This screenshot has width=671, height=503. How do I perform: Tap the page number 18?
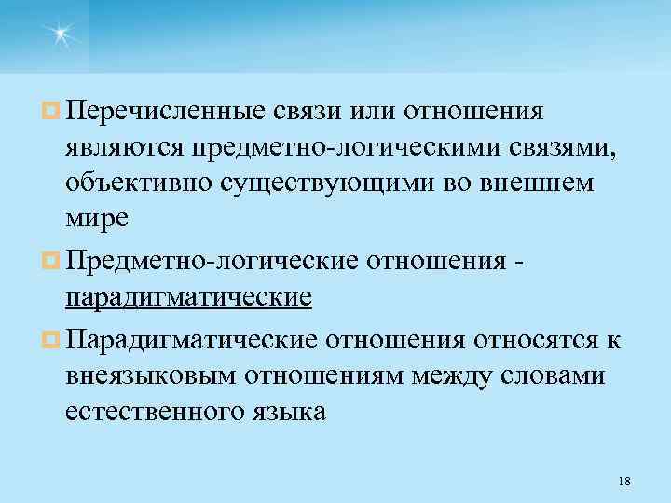click(624, 481)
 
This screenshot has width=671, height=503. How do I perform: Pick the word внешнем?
click(547, 182)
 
